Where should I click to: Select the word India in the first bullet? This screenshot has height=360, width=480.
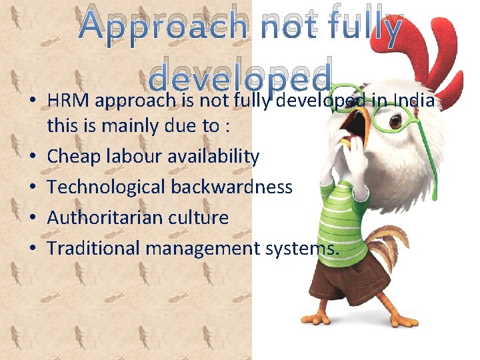click(x=415, y=101)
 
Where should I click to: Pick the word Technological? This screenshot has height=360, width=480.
click(x=107, y=187)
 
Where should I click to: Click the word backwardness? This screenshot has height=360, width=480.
click(x=231, y=187)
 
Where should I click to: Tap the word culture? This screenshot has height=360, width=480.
click(x=199, y=217)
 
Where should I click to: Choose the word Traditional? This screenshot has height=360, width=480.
click(x=94, y=248)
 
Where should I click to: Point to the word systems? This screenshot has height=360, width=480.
click(x=301, y=248)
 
